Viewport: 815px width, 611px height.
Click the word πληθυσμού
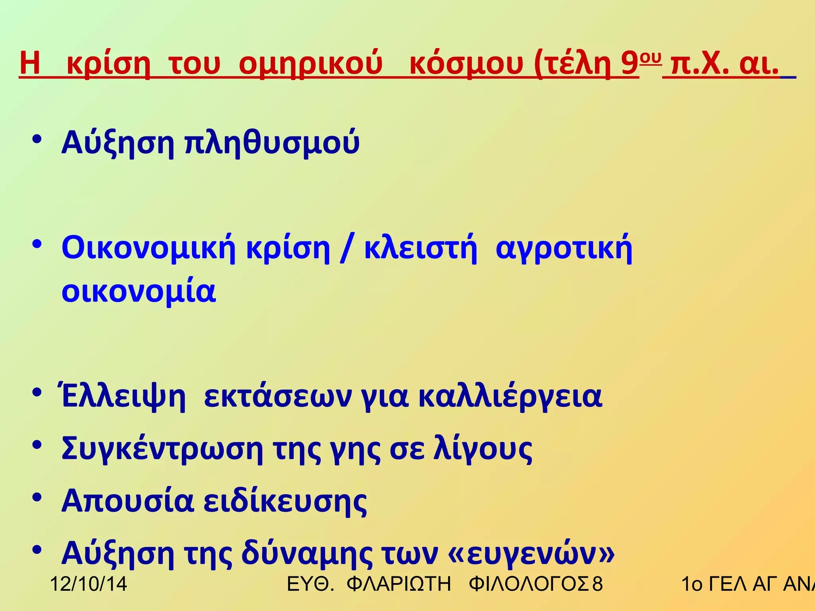(x=272, y=143)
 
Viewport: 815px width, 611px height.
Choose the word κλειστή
(x=420, y=249)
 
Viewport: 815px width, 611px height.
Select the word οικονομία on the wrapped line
(x=138, y=291)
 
